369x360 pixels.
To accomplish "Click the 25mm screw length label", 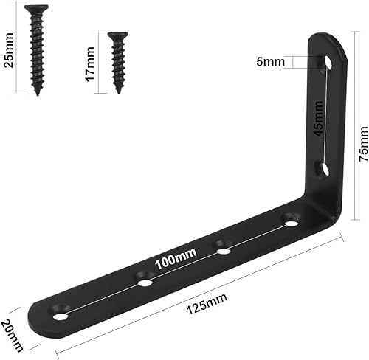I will pos(9,49).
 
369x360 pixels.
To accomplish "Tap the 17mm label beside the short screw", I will pos(90,64).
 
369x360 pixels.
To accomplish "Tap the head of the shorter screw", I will pos(116,35).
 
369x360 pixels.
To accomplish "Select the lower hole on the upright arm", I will pos(323,170).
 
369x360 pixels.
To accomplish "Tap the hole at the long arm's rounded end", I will pos(61,316).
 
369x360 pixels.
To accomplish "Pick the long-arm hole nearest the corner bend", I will pos(292,220).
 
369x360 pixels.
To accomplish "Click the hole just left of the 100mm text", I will pos(145,280).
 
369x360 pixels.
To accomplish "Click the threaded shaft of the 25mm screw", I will pos(35,55).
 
